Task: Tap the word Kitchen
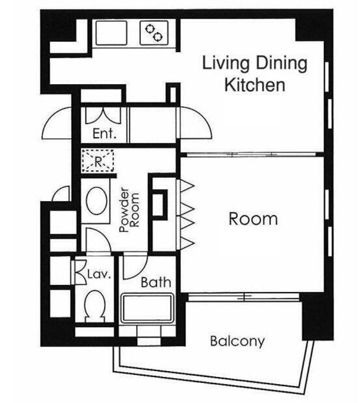[x=255, y=85]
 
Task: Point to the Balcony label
[x=237, y=342]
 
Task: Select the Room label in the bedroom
[x=253, y=219]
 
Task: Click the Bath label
[x=156, y=283]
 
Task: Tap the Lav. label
[x=99, y=274]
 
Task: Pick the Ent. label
[x=104, y=133]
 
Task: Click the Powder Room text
[x=130, y=210]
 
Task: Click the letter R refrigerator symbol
[x=98, y=161]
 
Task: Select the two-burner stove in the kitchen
[x=154, y=33]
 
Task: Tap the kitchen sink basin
[x=111, y=33]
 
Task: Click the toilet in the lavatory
[x=95, y=306]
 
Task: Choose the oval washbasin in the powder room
[x=97, y=200]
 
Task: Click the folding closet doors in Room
[x=185, y=215]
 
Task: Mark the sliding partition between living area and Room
[x=252, y=155]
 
